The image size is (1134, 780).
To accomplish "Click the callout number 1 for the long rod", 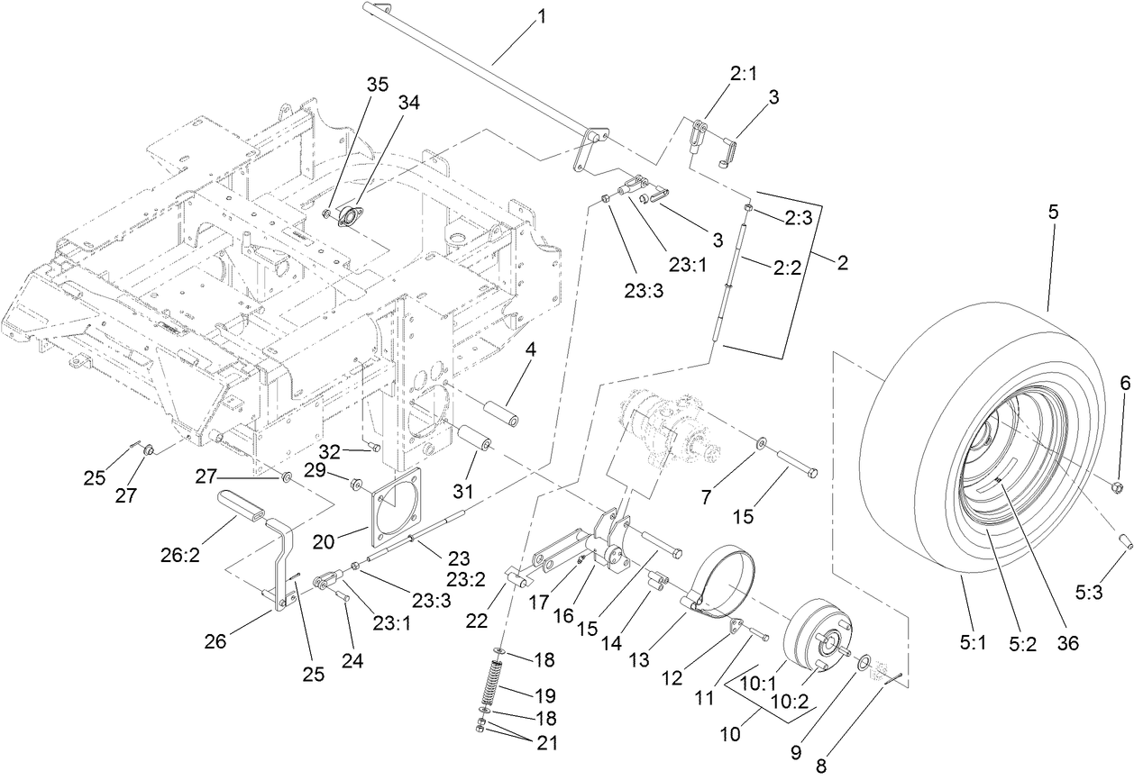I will pyautogui.click(x=542, y=17).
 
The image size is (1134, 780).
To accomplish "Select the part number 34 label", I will pyautogui.click(x=408, y=104).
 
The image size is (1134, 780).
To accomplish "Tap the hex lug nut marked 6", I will pyautogui.click(x=1115, y=487).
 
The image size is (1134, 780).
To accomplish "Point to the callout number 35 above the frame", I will pyautogui.click(x=377, y=84).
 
